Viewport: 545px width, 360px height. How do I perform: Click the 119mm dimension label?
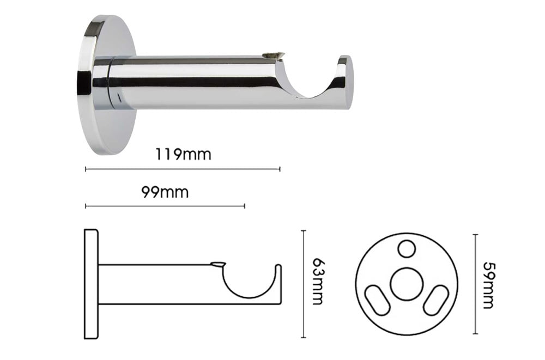coord(183,154)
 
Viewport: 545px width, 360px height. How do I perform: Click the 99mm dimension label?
coord(165,192)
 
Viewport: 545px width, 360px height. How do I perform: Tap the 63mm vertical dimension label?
coord(318,282)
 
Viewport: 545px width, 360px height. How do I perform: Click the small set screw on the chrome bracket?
coord(274,54)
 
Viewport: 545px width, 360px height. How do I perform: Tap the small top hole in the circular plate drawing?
coord(407,249)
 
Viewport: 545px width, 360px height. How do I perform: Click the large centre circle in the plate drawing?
coord(407,284)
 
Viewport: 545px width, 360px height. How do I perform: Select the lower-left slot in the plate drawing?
coord(378,300)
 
